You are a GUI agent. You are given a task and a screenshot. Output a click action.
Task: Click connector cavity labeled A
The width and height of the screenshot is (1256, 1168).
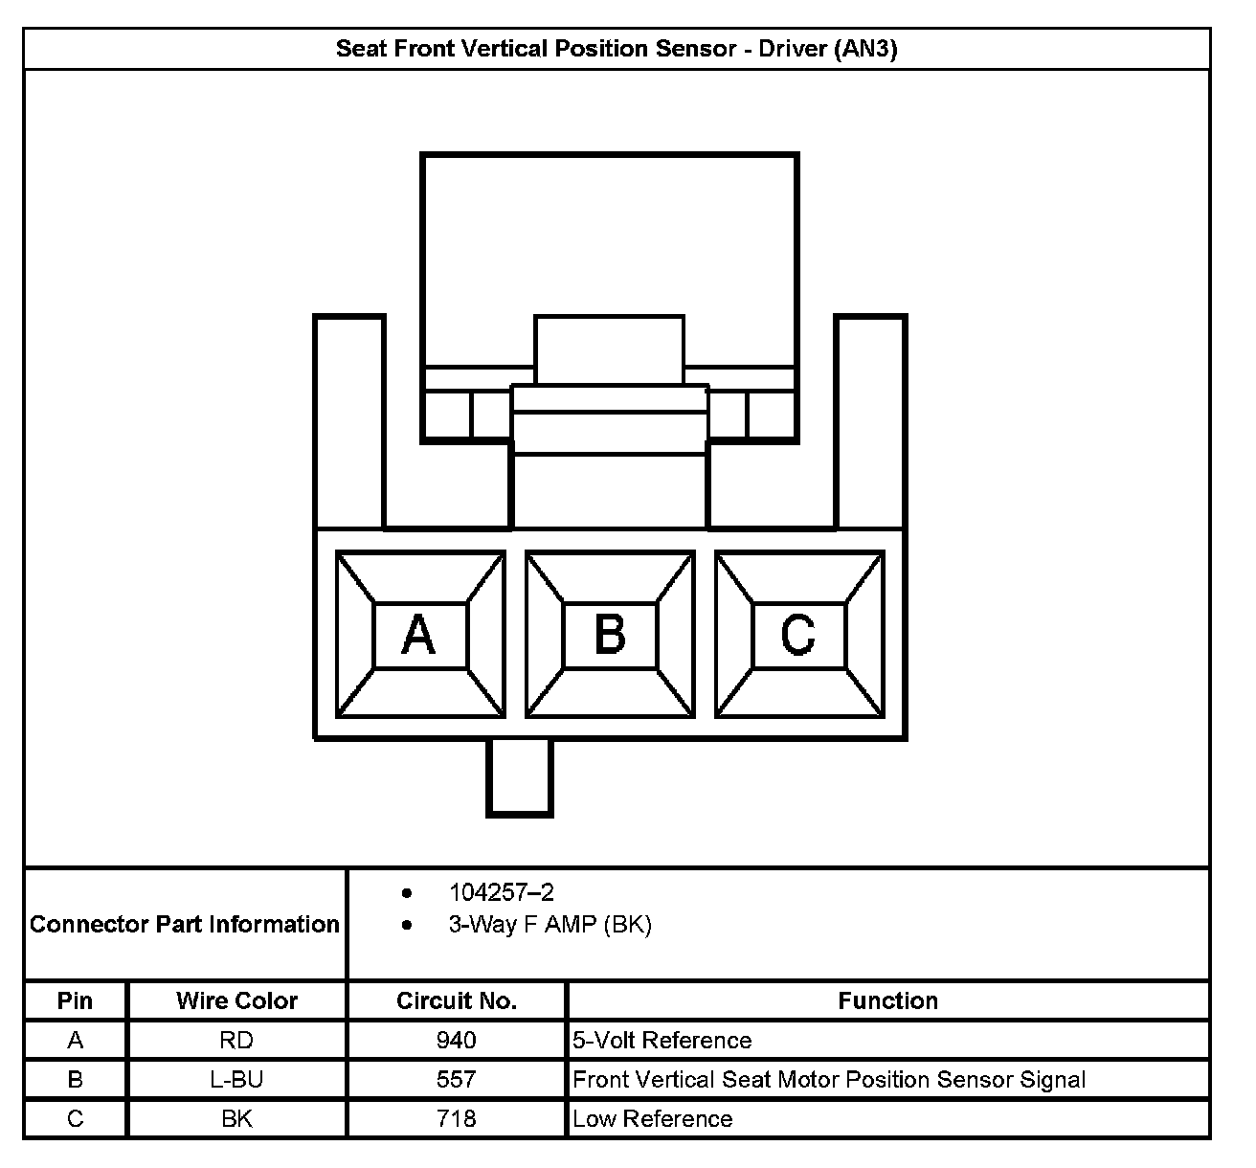(x=419, y=635)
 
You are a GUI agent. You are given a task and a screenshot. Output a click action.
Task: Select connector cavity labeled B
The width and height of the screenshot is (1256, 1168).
(x=610, y=635)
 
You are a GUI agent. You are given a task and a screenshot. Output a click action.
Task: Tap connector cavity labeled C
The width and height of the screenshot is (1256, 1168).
(x=799, y=635)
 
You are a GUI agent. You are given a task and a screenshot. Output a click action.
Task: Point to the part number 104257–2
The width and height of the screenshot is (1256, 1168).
(x=501, y=892)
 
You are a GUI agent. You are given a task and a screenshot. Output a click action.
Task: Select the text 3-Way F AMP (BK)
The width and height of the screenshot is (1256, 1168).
(x=549, y=925)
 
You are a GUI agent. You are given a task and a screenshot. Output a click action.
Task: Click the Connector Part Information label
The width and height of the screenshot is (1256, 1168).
(x=185, y=924)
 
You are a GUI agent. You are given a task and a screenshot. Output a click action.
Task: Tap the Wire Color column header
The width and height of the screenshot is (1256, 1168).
(x=236, y=1000)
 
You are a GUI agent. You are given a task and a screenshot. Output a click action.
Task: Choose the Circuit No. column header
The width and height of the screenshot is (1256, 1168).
(x=456, y=1000)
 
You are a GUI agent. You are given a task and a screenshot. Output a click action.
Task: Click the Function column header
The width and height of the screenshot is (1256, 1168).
(x=887, y=1000)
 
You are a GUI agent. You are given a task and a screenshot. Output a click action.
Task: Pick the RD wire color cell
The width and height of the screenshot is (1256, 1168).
(x=236, y=1040)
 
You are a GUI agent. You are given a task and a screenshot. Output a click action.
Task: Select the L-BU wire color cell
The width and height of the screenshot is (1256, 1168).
(x=236, y=1079)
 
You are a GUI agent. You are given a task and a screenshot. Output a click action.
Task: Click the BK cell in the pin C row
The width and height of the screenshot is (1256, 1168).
(x=236, y=1118)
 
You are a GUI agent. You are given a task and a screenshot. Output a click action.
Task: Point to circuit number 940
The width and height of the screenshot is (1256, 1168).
(x=456, y=1040)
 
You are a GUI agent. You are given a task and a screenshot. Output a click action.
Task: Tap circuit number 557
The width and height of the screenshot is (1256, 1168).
(x=456, y=1079)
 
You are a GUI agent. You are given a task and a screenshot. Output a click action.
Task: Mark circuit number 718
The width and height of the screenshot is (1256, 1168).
(x=456, y=1118)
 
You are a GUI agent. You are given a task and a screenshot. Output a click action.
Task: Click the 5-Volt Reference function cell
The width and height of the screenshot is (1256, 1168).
(x=662, y=1040)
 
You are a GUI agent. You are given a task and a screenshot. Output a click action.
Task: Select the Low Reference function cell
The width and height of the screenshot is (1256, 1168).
(x=653, y=1118)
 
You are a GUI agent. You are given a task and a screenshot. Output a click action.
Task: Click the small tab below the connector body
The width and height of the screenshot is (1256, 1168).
(x=520, y=776)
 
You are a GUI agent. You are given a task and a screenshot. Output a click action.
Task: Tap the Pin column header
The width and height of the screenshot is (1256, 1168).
(x=75, y=1000)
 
